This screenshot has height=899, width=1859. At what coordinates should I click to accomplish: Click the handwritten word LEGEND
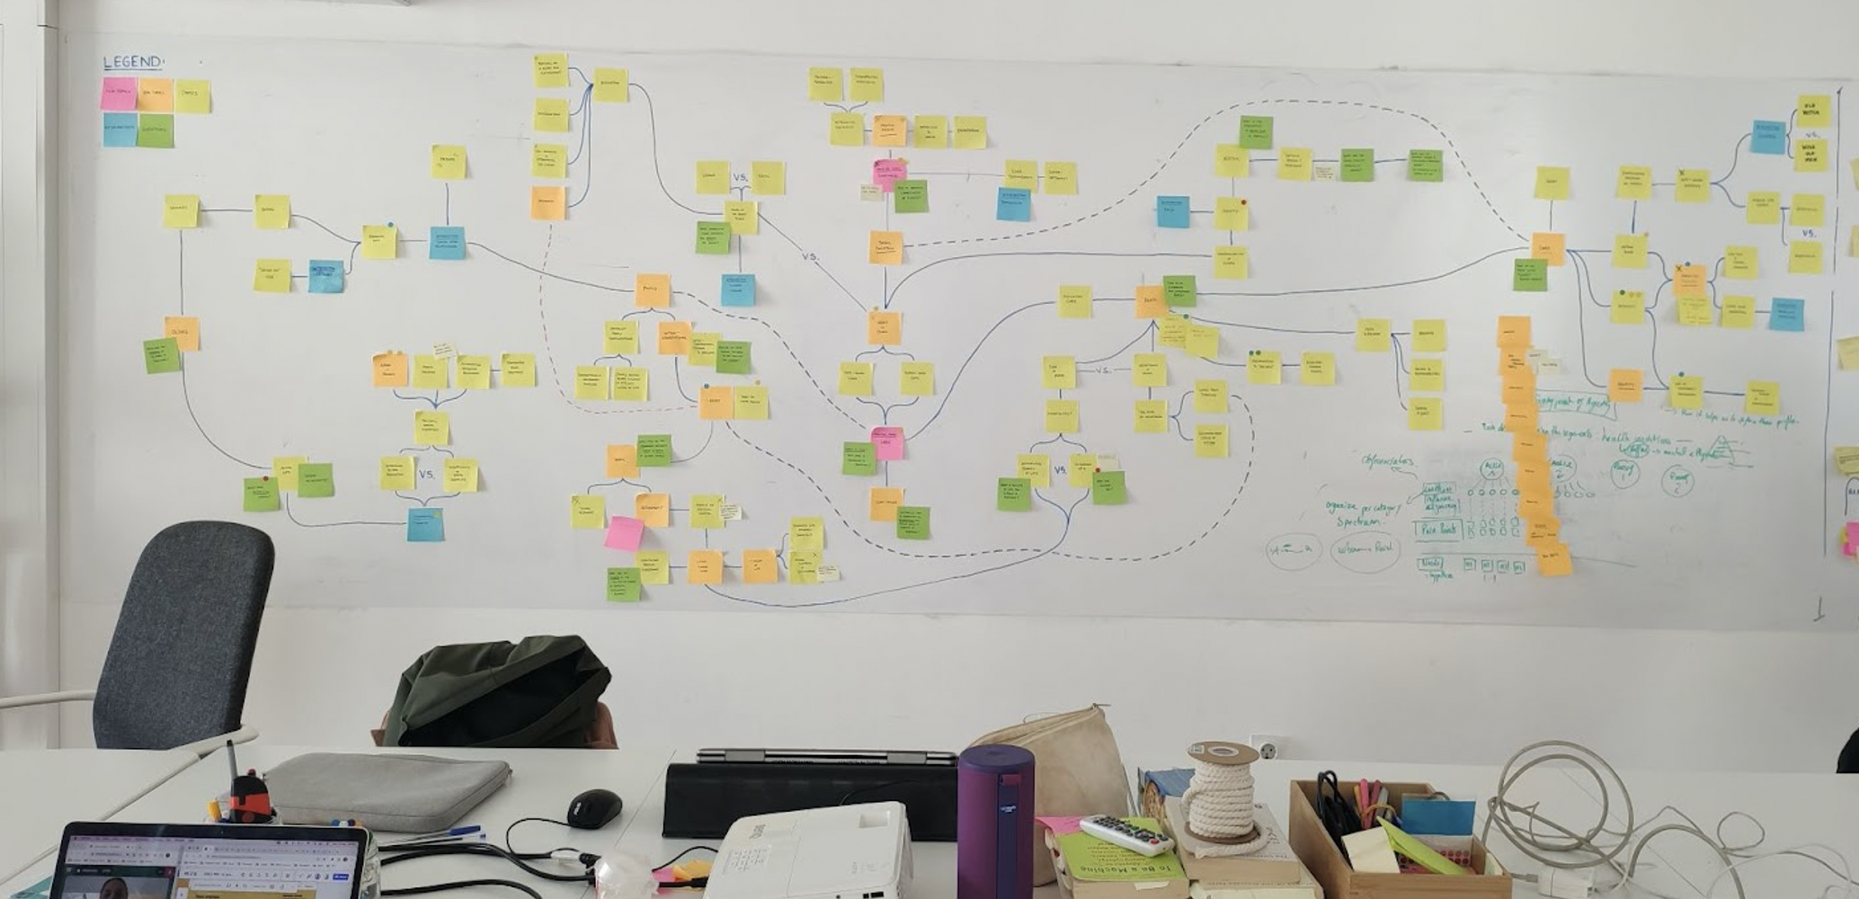click(x=133, y=62)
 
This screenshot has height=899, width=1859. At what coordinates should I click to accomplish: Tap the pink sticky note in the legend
click(x=118, y=94)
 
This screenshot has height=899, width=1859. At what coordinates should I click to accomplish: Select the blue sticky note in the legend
click(x=120, y=130)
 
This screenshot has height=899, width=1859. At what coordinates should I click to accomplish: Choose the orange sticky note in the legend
click(x=155, y=95)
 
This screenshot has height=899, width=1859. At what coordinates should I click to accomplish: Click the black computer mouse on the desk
click(x=594, y=807)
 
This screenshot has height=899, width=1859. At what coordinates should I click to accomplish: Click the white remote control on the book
click(x=1125, y=834)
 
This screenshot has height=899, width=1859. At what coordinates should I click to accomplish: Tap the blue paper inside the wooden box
click(x=1436, y=816)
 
